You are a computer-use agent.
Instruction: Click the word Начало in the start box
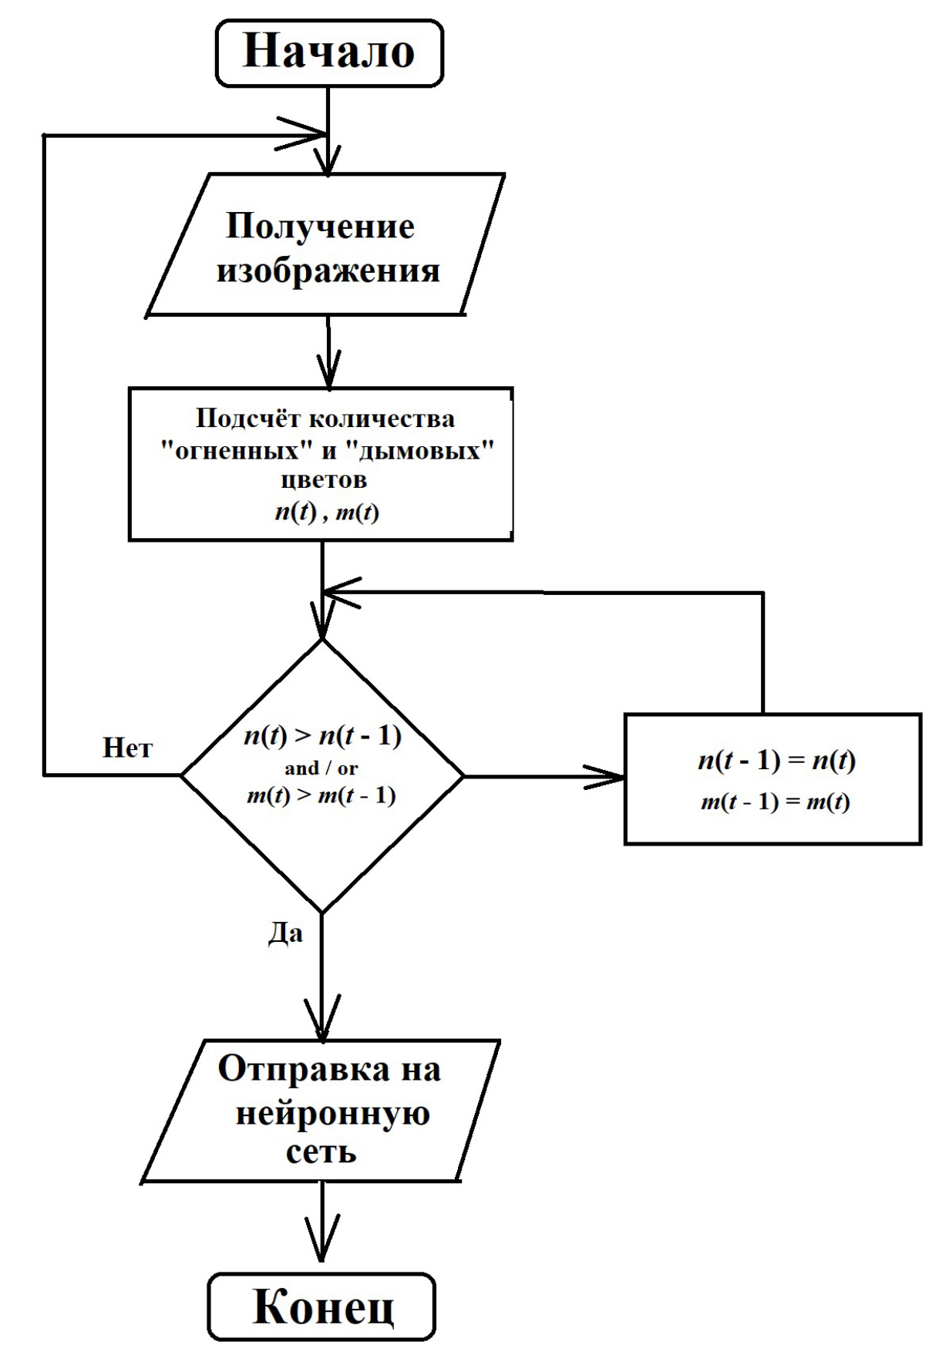328,52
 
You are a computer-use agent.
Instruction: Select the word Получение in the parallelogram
320,227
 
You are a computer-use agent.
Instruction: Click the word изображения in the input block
328,271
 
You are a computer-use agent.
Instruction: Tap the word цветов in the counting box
323,479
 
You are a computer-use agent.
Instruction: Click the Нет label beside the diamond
127,748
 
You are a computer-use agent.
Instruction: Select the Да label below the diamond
285,934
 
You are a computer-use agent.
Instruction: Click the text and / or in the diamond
321,768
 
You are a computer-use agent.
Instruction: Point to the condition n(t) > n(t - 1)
322,736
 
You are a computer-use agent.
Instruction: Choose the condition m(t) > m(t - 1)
321,795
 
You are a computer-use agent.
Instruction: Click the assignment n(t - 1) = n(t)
776,761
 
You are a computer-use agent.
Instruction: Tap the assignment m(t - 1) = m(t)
775,802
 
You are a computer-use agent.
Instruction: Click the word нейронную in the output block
332,1113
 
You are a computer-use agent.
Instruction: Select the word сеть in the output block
321,1152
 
